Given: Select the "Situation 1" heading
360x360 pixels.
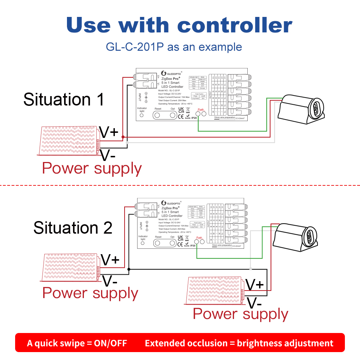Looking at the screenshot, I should coord(64,99).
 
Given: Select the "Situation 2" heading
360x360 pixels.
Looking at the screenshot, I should coord(73,228).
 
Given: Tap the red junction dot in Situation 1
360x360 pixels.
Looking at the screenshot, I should coord(123,137).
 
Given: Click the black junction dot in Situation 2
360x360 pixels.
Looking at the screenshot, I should coord(129,269).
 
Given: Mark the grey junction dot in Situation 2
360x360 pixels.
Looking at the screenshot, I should coord(251,269).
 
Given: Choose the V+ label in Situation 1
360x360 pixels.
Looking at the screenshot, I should coord(109,132).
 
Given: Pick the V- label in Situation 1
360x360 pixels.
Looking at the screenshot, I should coord(108,156).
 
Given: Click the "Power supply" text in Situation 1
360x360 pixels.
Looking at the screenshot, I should coord(92,168).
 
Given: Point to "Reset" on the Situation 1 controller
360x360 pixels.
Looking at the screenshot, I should coord(158,108).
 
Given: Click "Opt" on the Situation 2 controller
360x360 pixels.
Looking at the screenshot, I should coord(172,237).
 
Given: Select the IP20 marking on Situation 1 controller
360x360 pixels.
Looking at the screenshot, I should coord(194,118).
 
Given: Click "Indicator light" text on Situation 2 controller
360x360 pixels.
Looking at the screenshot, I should coord(143,238).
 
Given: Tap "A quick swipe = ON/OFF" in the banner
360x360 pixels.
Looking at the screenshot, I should coord(77,343).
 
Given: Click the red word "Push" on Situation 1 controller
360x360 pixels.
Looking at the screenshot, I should coord(201,109).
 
